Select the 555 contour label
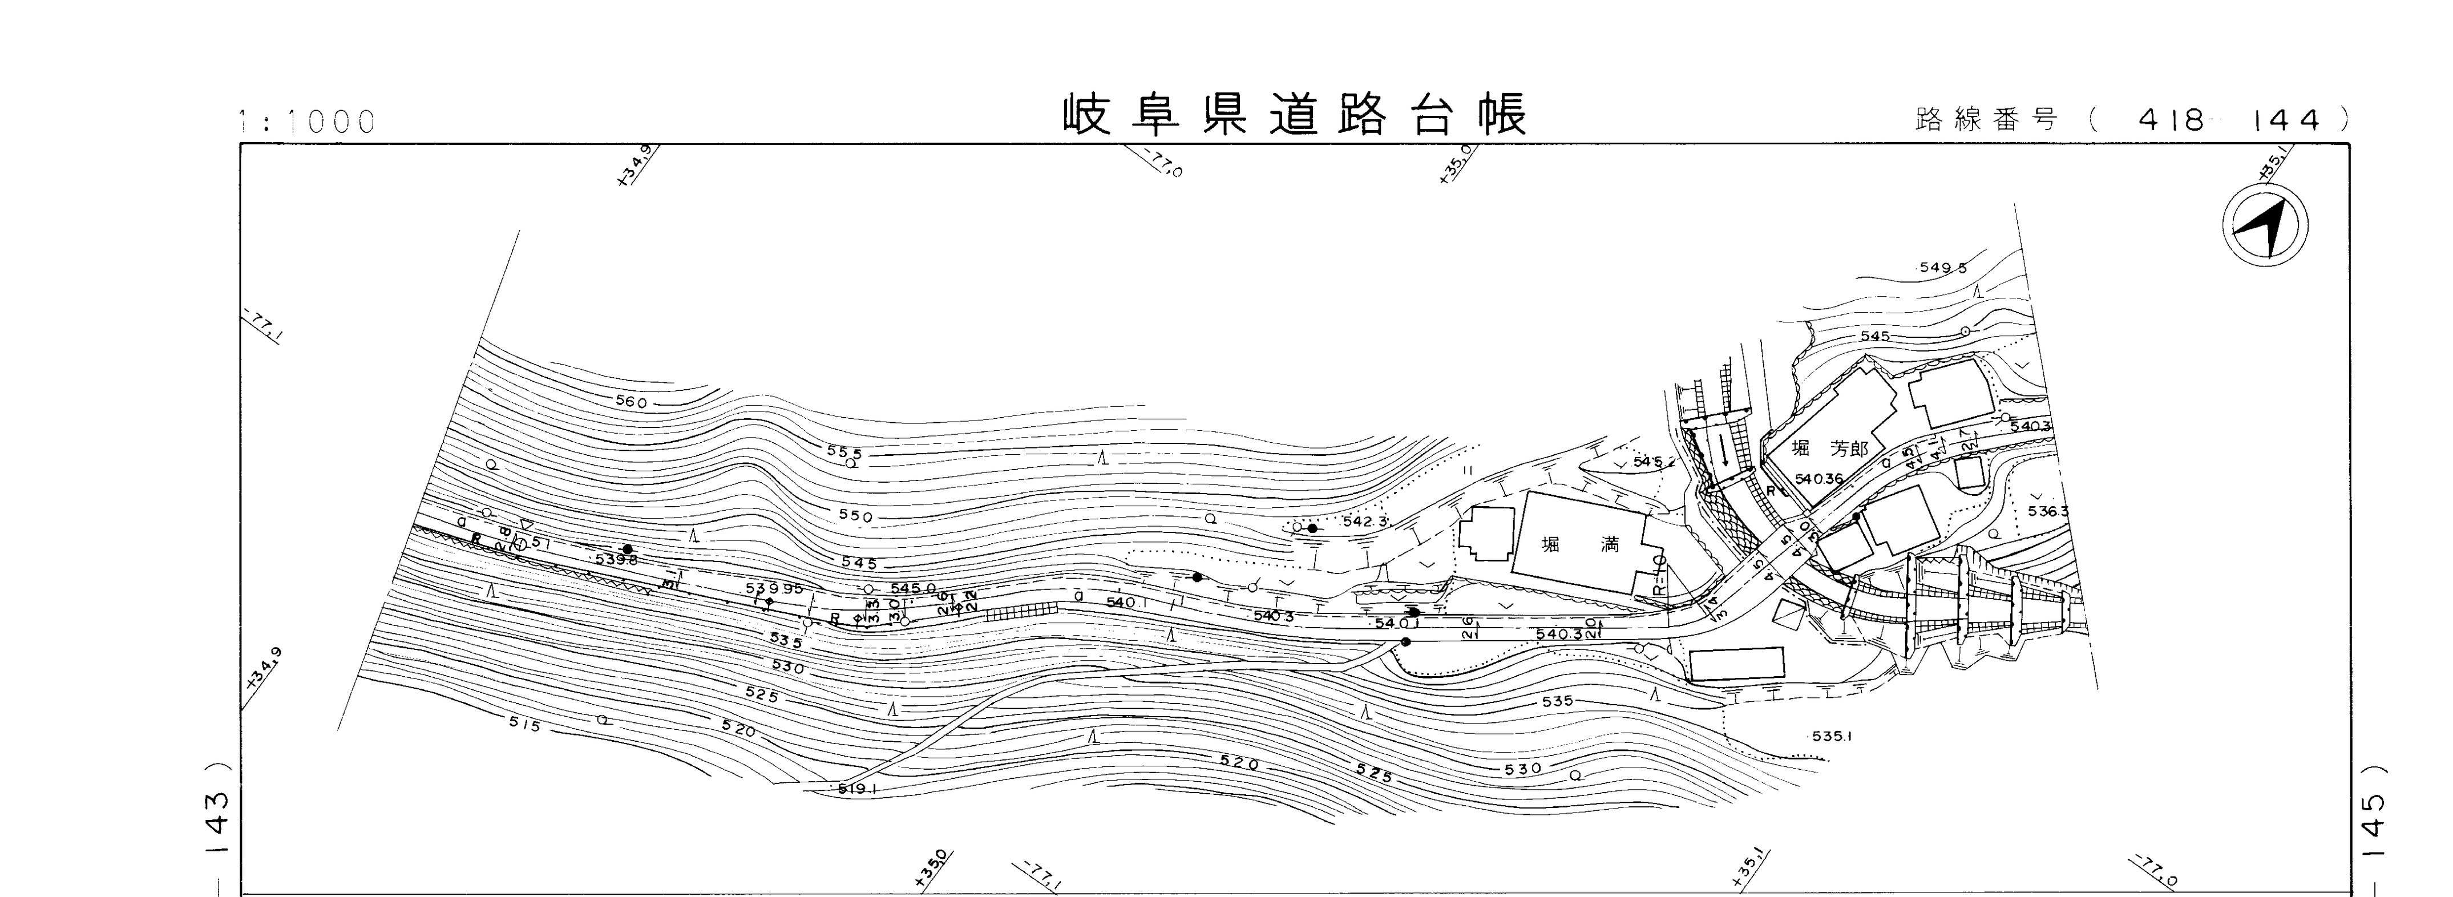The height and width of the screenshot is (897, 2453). (844, 453)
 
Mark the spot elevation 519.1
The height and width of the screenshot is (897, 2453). (857, 789)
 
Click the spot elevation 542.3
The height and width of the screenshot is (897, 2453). (1364, 522)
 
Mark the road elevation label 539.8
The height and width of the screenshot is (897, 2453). (616, 560)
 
